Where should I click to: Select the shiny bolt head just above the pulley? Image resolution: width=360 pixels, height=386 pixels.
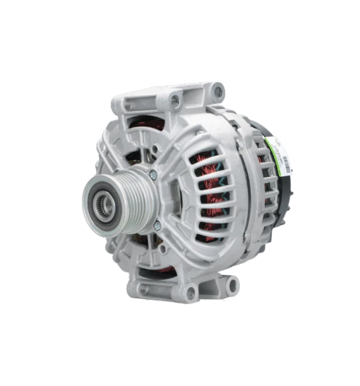pyautogui.click(x=152, y=174)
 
